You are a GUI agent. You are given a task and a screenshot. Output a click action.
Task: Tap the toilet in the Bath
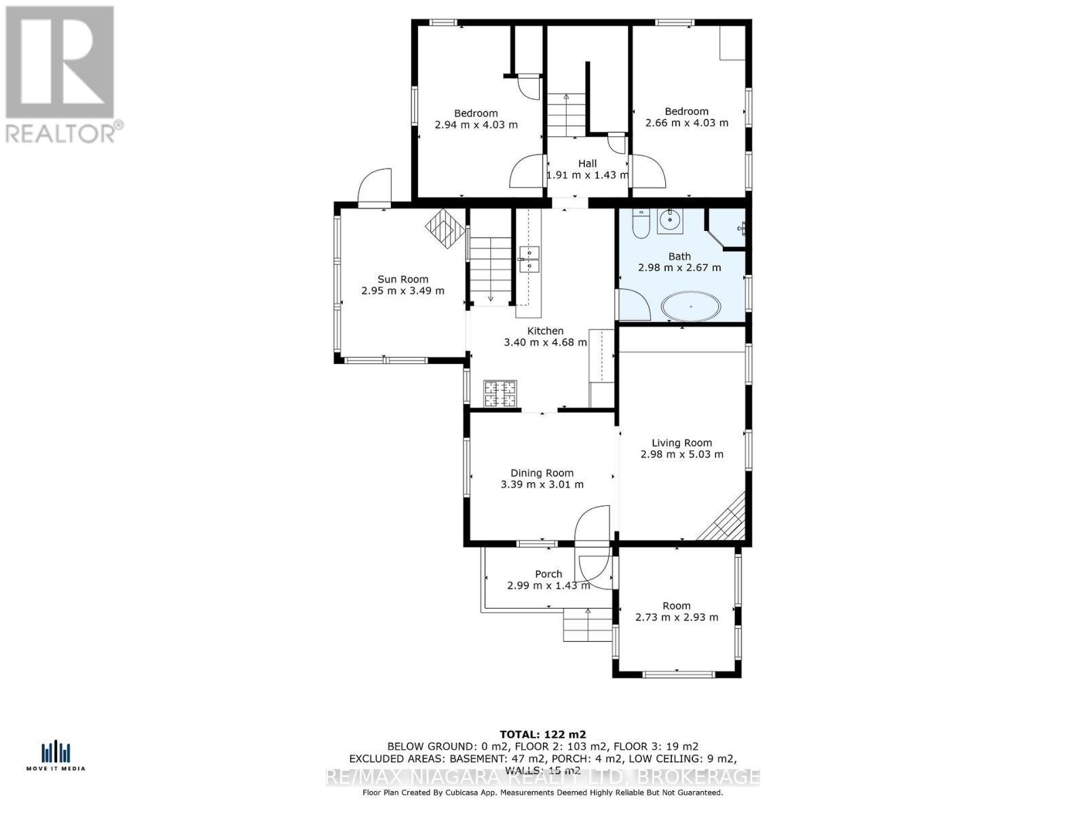point(641,223)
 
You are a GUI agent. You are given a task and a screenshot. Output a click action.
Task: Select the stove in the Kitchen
point(500,394)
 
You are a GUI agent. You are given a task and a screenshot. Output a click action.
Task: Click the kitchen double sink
point(529,259)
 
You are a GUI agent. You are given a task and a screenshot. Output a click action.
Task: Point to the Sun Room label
point(402,279)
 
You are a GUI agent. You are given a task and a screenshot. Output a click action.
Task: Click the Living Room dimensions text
point(681,454)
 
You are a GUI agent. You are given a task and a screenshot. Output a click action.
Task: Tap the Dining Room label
point(542,473)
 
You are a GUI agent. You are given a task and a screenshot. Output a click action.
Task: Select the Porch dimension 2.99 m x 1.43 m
point(548,585)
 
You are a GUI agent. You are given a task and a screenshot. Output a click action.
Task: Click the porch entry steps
point(588,625)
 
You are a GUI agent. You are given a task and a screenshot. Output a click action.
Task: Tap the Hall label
point(587,164)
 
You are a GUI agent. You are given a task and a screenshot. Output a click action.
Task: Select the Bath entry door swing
point(634,305)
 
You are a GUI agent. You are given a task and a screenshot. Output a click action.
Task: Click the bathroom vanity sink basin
point(670,219)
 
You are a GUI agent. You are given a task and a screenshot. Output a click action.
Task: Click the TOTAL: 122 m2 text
point(542,734)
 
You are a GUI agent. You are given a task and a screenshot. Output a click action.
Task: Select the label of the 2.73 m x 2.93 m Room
point(676,606)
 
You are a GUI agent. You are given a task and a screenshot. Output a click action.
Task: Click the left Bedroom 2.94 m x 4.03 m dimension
point(476,125)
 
